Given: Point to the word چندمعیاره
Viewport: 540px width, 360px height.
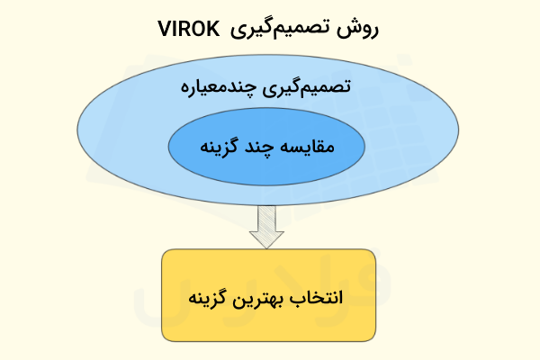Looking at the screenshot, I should [x=225, y=91].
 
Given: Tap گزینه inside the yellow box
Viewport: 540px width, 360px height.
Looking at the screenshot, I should [x=213, y=297].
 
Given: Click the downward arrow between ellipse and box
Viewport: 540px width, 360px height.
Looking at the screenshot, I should [x=267, y=226].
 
